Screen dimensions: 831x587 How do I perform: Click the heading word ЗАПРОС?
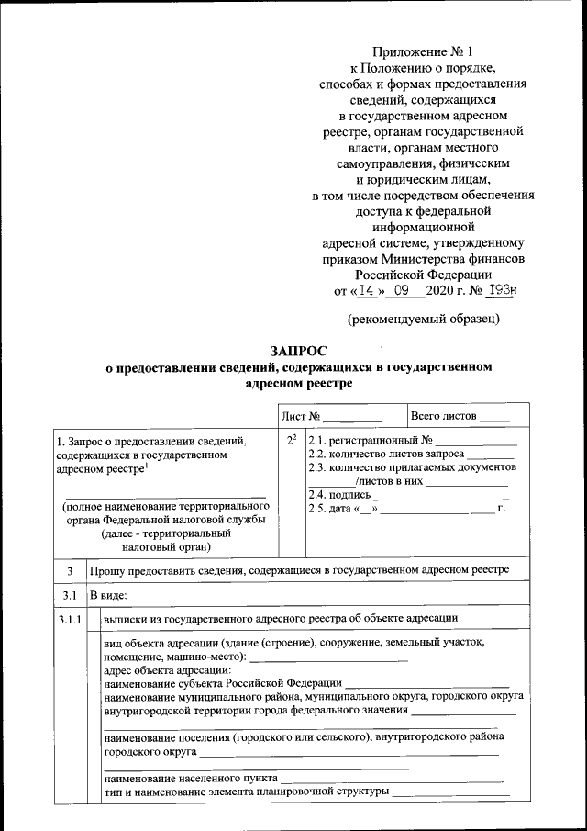coord(298,350)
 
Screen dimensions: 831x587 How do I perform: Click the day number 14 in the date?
coord(366,291)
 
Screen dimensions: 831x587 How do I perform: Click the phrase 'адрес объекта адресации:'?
coord(161,669)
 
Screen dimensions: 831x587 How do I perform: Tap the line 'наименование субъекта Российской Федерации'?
coord(223,683)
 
